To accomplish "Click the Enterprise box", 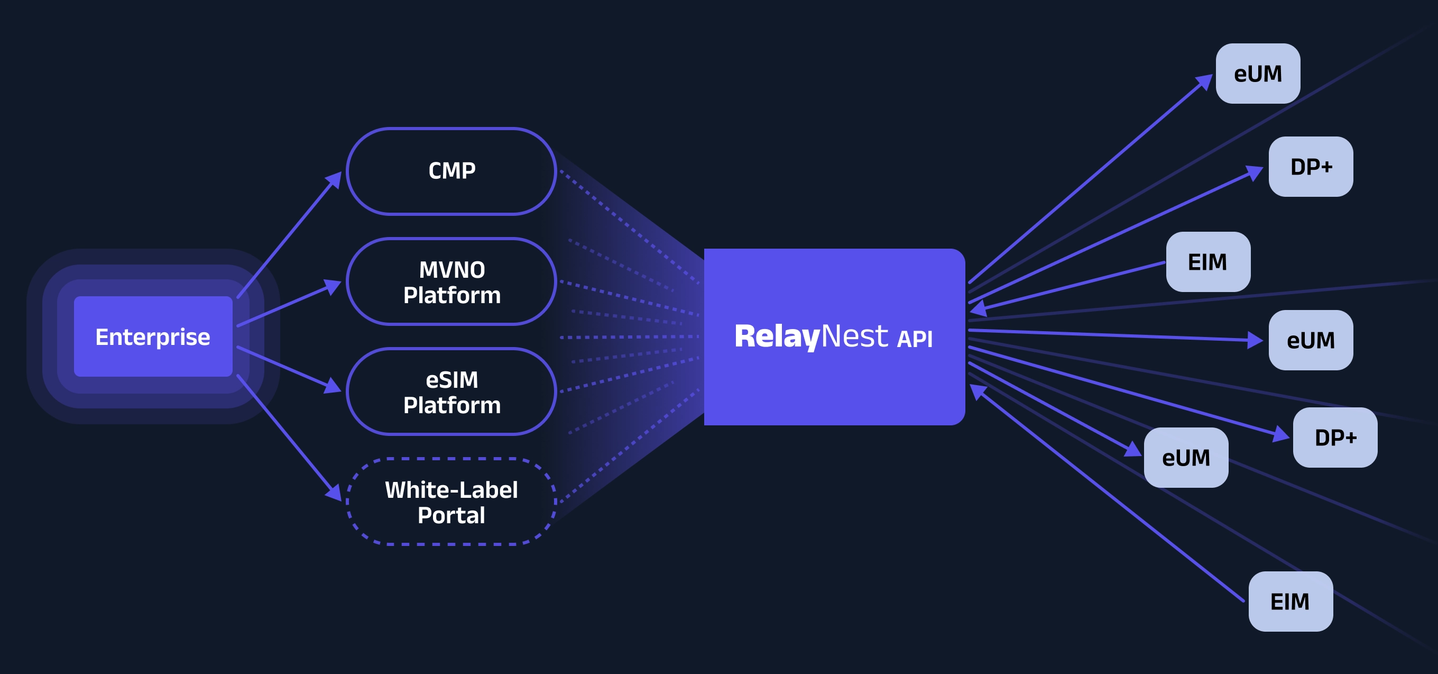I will [153, 336].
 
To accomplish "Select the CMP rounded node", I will [451, 171].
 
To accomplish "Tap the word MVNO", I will [451, 270].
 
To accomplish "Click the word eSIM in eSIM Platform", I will [451, 380].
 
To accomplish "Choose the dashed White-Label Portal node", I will [451, 502].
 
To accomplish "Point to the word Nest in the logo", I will [854, 336].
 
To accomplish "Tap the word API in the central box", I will [914, 339].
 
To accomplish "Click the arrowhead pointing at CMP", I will [334, 179].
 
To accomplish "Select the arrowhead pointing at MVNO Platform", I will [333, 286].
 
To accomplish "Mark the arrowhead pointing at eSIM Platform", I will [333, 386].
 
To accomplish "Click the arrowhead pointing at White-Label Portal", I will [334, 493].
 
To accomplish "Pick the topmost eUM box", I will [1257, 74].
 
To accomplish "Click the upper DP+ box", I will [1310, 167].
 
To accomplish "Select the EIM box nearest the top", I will [1207, 262].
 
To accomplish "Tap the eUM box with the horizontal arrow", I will [1310, 340].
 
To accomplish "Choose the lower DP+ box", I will [1335, 437].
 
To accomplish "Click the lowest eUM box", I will [1186, 457].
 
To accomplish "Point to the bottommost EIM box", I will [1290, 602].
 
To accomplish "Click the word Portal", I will [451, 515].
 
